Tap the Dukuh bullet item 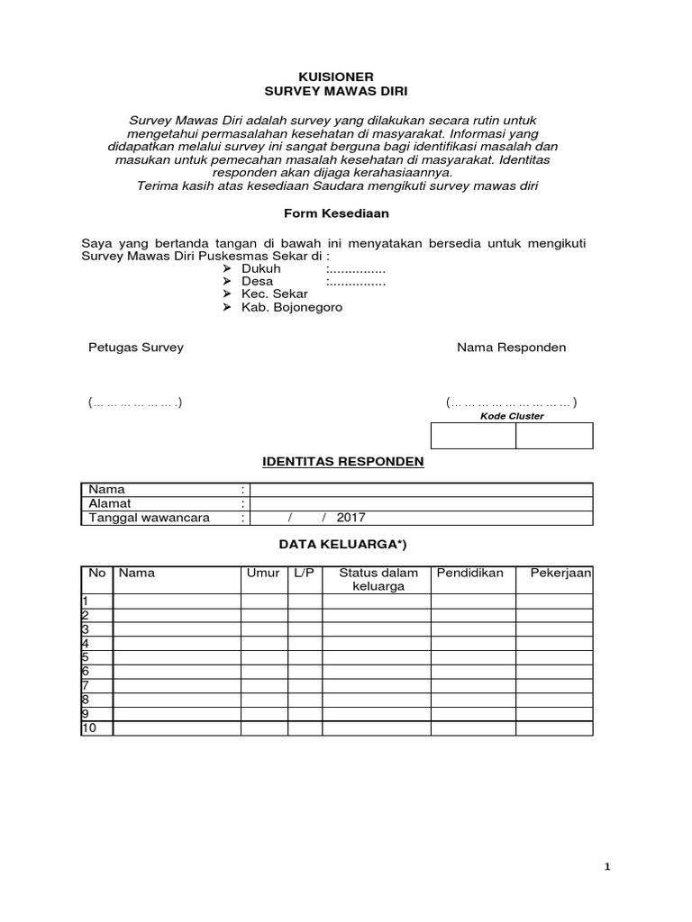[x=260, y=268]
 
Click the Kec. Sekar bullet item [x=274, y=294]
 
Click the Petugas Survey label [x=135, y=348]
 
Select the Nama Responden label [x=511, y=348]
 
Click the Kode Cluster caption [x=512, y=416]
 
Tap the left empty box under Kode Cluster [x=473, y=436]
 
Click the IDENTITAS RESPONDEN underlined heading [x=341, y=462]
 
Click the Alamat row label [x=109, y=503]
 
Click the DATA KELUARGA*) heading [x=336, y=545]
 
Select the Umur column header [x=262, y=573]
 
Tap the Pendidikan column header [x=469, y=573]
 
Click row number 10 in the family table [x=89, y=728]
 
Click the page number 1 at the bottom [x=607, y=867]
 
